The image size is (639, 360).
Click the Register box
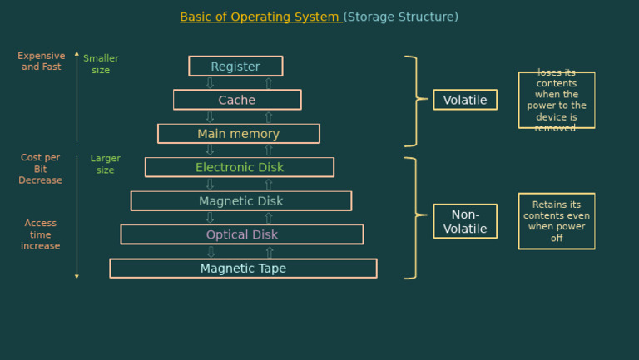click(x=235, y=67)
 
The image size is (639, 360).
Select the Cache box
click(x=237, y=100)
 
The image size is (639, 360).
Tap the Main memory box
click(x=238, y=134)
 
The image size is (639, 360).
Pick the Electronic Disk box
click(x=240, y=167)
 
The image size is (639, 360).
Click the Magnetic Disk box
click(x=240, y=201)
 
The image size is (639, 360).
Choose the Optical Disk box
click(x=241, y=234)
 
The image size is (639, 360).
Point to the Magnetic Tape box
click(x=243, y=269)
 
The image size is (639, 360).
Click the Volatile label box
click(x=465, y=100)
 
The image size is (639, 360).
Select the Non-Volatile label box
click(x=465, y=221)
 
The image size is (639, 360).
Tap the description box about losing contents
click(x=556, y=100)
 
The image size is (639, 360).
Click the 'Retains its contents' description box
click(x=556, y=221)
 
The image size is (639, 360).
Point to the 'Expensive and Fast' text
click(x=41, y=62)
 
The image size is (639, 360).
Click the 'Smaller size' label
click(x=101, y=64)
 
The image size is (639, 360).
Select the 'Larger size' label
click(x=105, y=164)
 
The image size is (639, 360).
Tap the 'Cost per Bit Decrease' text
click(x=41, y=169)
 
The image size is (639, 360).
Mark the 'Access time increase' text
click(x=41, y=234)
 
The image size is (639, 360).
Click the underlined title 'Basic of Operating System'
click(x=260, y=17)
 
